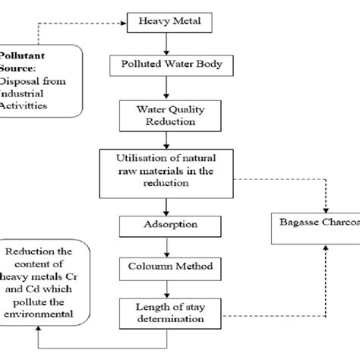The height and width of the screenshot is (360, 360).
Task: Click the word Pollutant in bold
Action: point(22,56)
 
